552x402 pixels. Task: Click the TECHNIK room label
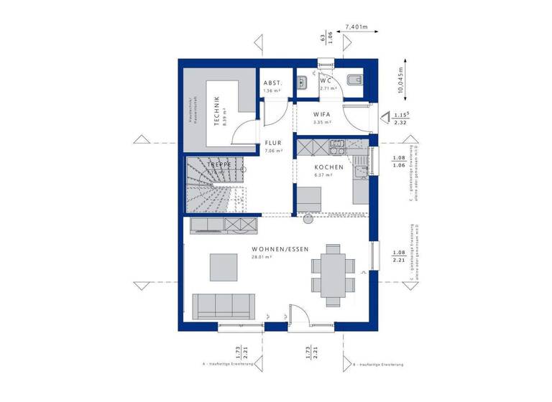coord(215,111)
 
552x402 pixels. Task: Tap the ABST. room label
coord(273,83)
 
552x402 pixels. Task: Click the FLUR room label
coord(273,143)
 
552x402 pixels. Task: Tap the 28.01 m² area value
coord(260,256)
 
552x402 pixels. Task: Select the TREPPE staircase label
coord(218,165)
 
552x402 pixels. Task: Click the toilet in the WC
coord(356,80)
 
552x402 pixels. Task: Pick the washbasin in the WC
coord(303,76)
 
